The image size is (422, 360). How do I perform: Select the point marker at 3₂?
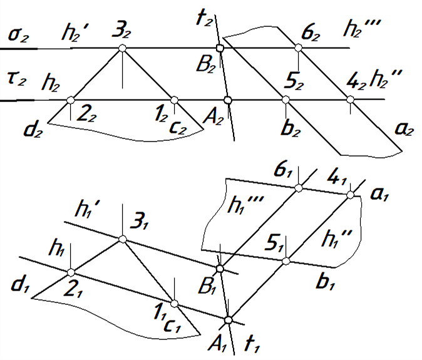coord(123,48)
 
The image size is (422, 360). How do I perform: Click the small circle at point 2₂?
coord(71,100)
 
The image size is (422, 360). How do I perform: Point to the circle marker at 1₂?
coord(174,100)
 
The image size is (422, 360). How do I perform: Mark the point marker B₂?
coord(219,48)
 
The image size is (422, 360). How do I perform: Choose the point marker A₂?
coord(228,100)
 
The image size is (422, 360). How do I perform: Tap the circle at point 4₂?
coord(350,100)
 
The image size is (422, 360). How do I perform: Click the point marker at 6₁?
coord(299,187)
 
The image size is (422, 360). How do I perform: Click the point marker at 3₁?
coord(123,239)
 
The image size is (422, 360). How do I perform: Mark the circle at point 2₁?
coord(71,272)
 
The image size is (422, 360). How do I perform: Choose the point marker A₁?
coord(228,320)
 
